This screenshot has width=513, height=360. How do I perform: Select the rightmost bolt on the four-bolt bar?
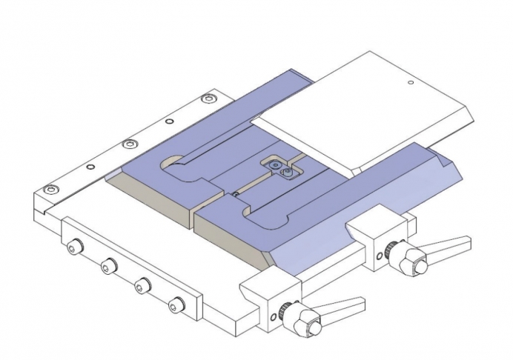pos(176,303)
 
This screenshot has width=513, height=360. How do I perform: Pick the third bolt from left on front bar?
pos(142,284)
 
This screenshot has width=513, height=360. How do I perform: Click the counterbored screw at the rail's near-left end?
pos(50,190)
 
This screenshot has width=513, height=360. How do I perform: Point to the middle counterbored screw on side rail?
pos(130,143)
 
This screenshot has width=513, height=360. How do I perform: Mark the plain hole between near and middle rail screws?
pos(90,167)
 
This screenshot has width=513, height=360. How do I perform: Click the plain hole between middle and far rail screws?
pos(170,121)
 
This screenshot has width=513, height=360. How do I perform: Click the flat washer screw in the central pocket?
pos(276,164)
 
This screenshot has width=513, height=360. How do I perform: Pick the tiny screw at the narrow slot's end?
pos(234,195)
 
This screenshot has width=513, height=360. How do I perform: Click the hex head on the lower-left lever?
pos(305,323)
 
